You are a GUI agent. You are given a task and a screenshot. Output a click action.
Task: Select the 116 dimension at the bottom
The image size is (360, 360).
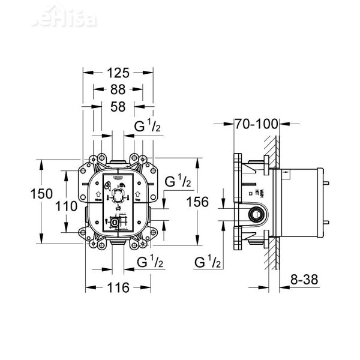tap(118, 288)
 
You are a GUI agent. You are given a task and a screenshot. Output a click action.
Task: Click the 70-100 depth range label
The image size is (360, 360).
tap(257, 125)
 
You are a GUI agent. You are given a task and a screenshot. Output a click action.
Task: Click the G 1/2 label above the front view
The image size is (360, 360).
tap(147, 127)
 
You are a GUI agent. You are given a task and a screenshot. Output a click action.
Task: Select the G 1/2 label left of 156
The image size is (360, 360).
tap(178, 181)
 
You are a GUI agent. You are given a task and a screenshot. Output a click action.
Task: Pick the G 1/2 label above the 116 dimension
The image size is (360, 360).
tap(150, 262)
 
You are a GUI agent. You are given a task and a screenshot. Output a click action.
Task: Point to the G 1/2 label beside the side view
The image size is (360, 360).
tap(208, 262)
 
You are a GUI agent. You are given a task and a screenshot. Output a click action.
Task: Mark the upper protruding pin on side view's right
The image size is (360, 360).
tap(328, 181)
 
